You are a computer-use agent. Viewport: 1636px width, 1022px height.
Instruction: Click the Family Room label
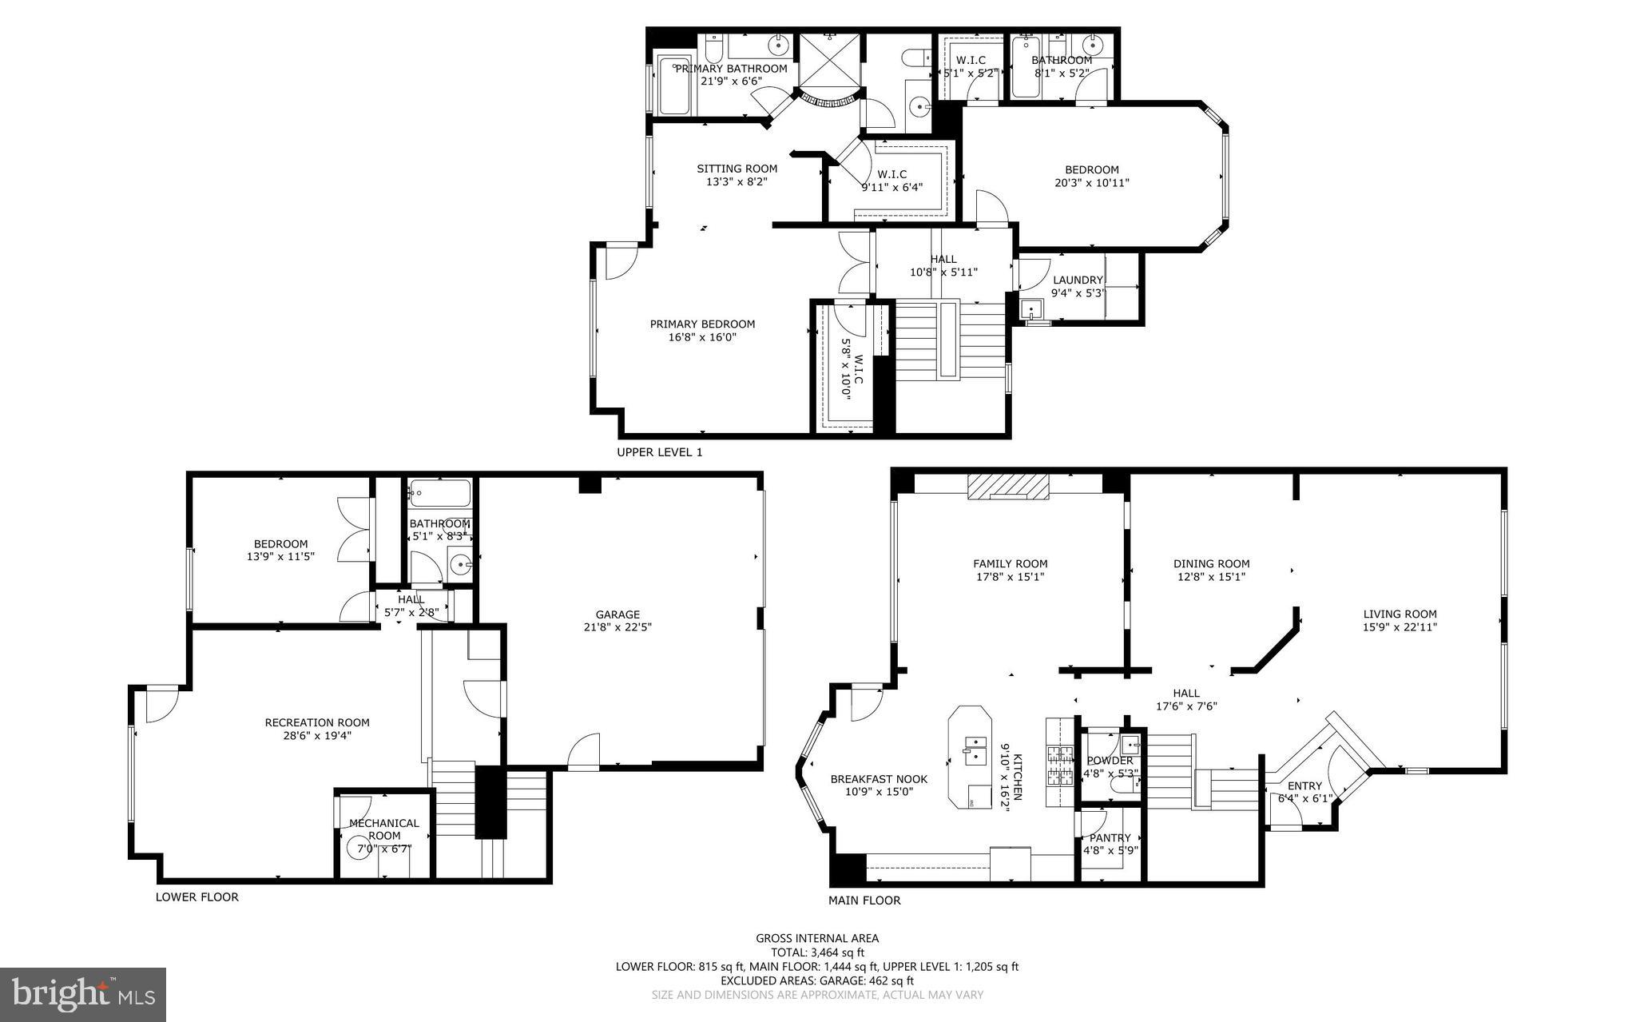point(1010,563)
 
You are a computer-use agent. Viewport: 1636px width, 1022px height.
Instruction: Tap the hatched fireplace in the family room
point(1007,487)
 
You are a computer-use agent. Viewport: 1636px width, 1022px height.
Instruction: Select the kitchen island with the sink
point(970,757)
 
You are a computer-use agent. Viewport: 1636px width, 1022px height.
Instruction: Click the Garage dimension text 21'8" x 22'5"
point(617,627)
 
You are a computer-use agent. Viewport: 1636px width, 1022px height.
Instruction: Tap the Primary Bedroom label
point(702,324)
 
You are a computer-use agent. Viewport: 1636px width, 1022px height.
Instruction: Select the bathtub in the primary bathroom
point(674,84)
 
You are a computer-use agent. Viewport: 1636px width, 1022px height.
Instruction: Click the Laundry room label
point(1077,280)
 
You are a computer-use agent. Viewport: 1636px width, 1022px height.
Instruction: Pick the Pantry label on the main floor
point(1110,837)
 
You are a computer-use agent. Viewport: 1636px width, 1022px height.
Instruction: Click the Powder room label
point(1109,760)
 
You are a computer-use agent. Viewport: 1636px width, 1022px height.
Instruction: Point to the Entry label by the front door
point(1304,785)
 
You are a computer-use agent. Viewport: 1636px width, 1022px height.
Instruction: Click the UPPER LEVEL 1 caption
point(660,452)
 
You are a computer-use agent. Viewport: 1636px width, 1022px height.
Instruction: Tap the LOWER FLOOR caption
point(197,897)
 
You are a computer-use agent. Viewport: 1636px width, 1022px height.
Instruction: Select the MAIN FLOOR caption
point(864,900)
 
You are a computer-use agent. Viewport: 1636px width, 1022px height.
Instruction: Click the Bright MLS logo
point(83,994)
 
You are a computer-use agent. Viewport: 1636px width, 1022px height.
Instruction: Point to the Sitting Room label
point(737,169)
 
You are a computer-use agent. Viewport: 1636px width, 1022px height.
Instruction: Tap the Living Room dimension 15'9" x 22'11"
point(1400,627)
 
